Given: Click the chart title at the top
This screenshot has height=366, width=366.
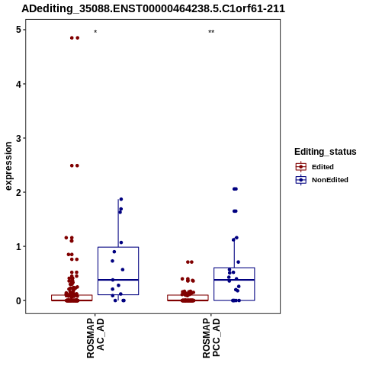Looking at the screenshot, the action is pyautogui.click(x=153, y=8).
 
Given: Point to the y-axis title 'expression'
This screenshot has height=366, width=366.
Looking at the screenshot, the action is pyautogui.click(x=8, y=166).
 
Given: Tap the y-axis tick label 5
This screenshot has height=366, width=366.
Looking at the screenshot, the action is pyautogui.click(x=18, y=30).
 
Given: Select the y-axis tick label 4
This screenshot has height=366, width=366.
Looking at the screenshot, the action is pyautogui.click(x=18, y=84).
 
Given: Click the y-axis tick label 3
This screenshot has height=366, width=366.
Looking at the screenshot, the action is pyautogui.click(x=18, y=138).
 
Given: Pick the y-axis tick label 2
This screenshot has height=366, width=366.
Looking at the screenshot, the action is pyautogui.click(x=18, y=192).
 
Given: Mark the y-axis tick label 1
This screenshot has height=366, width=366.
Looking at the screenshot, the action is pyautogui.click(x=18, y=246).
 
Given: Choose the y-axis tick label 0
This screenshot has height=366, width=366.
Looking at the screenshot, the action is pyautogui.click(x=18, y=300).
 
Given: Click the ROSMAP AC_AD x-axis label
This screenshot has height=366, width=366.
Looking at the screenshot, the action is pyautogui.click(x=95, y=338).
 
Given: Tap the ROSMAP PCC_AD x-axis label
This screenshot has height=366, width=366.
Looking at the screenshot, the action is pyautogui.click(x=211, y=338).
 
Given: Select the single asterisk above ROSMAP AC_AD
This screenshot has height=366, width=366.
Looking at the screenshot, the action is pyautogui.click(x=95, y=32).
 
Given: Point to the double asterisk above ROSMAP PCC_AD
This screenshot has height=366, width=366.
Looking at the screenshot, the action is pyautogui.click(x=211, y=32).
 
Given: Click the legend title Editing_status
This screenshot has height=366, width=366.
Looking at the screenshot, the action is pyautogui.click(x=326, y=152).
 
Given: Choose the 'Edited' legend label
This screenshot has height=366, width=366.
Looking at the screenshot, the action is pyautogui.click(x=323, y=167).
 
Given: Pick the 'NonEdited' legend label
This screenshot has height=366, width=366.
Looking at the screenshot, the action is pyautogui.click(x=330, y=180).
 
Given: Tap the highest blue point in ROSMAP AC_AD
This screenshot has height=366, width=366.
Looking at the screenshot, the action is pyautogui.click(x=121, y=199).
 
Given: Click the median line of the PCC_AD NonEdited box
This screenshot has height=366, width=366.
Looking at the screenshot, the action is pyautogui.click(x=234, y=280).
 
